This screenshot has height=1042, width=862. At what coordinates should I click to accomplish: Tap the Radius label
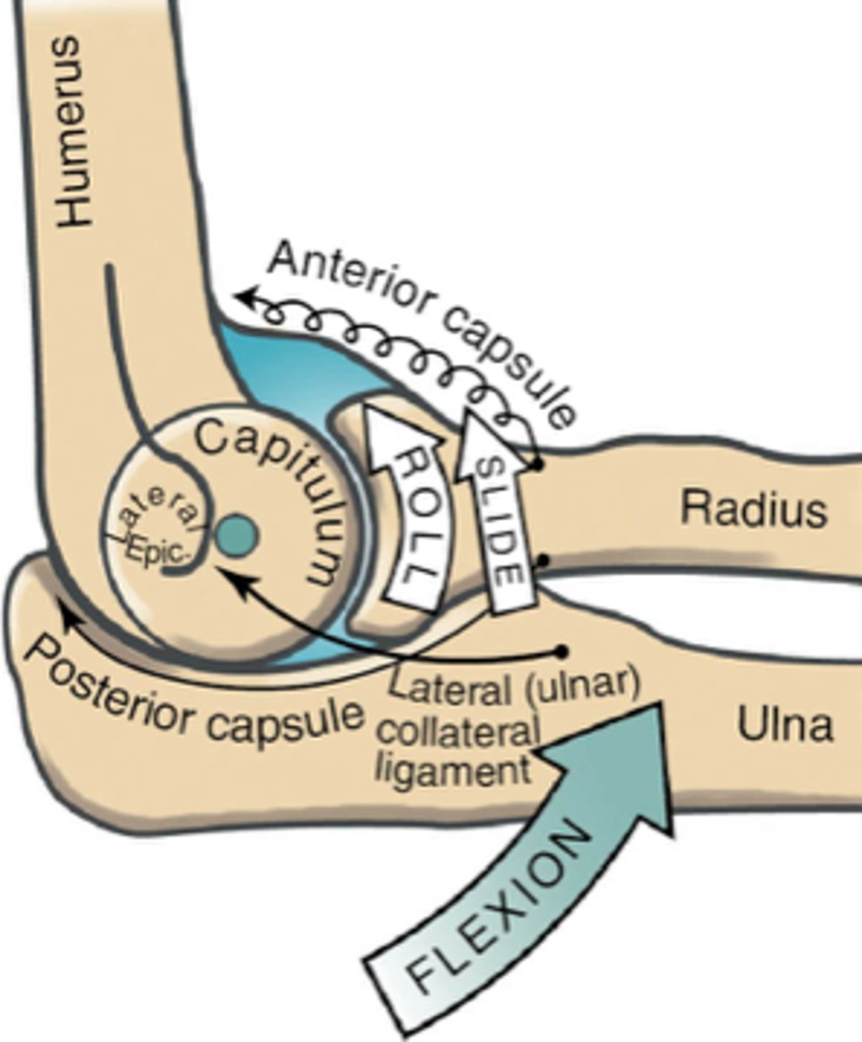(x=753, y=510)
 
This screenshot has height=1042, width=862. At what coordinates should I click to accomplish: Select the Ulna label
(x=785, y=726)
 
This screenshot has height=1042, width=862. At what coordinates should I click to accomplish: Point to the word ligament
(x=457, y=768)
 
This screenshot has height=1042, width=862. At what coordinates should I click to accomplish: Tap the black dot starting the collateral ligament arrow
(x=562, y=650)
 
